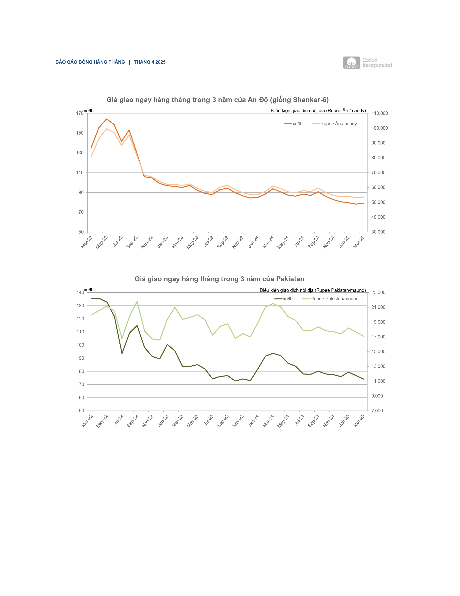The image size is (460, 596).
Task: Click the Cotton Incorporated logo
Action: click(x=367, y=63)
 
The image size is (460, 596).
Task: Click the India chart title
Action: click(x=218, y=100)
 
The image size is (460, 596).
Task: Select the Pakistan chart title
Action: click(x=219, y=279)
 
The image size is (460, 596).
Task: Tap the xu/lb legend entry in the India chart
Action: click(x=293, y=124)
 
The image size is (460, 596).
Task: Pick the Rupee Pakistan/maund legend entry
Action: click(x=330, y=299)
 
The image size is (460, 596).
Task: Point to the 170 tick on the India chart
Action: click(x=80, y=113)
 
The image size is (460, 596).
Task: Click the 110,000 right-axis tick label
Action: click(x=379, y=113)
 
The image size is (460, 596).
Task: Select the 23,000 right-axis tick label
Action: click(x=378, y=293)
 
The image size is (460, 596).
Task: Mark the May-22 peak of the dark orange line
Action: click(x=107, y=119)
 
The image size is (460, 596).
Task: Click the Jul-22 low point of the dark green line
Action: click(x=122, y=353)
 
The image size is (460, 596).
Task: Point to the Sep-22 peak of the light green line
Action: click(x=137, y=302)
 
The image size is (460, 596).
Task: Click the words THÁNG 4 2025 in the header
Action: click(x=150, y=62)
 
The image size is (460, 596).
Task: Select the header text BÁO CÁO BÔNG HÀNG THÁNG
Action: click(x=90, y=62)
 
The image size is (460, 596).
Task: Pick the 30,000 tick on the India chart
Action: click(x=378, y=232)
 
